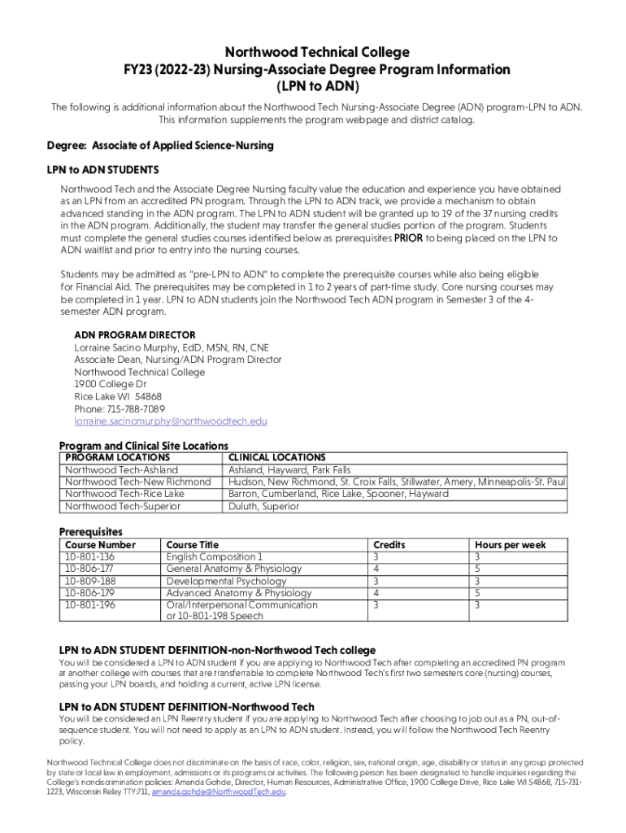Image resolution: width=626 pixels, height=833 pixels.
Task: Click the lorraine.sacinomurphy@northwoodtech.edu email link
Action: pyautogui.click(x=171, y=421)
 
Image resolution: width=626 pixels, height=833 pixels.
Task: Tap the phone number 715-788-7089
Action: pyautogui.click(x=120, y=409)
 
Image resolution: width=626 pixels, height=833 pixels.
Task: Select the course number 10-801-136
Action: pyautogui.click(x=89, y=556)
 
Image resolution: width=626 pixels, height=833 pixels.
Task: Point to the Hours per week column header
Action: pyautogui.click(x=511, y=544)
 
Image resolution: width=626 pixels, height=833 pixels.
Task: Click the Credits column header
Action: pyautogui.click(x=389, y=544)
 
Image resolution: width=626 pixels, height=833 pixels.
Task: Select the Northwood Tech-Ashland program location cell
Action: pyautogui.click(x=121, y=469)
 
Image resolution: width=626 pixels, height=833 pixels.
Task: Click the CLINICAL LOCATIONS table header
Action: pyautogui.click(x=277, y=457)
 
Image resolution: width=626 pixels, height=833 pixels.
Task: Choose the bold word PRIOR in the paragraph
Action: pyautogui.click(x=409, y=238)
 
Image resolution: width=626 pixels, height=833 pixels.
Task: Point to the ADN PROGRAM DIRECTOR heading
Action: pyautogui.click(x=135, y=335)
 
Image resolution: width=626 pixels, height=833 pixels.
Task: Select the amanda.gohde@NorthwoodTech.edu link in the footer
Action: pyautogui.click(x=219, y=792)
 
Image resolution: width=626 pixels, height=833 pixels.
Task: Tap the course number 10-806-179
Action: pyautogui.click(x=89, y=593)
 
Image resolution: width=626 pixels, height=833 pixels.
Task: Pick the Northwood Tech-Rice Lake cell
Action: pyautogui.click(x=124, y=494)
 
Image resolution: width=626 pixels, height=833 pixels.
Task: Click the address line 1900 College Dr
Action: pyautogui.click(x=111, y=384)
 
